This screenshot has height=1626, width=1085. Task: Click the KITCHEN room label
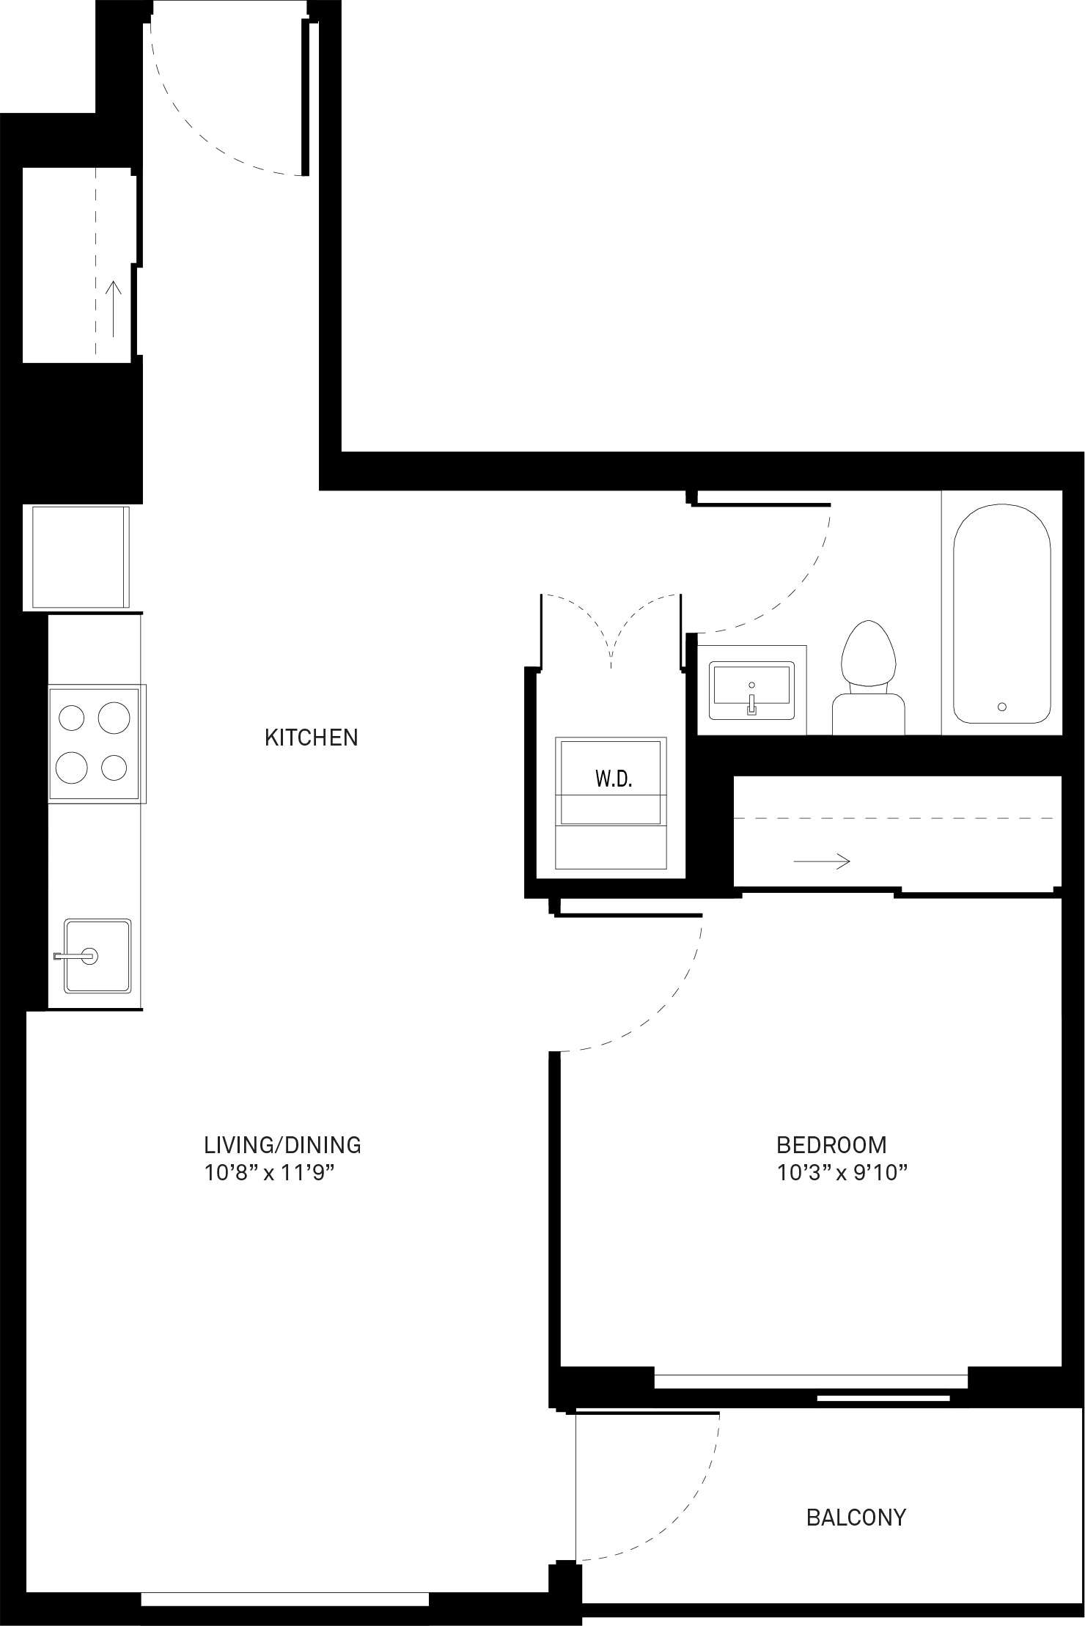point(312,737)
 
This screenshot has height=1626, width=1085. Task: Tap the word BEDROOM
point(831,1144)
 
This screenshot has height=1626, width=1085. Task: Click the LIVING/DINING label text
point(282,1144)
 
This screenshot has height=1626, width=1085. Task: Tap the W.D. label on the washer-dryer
point(614,779)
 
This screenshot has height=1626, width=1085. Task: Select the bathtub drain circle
point(1002,707)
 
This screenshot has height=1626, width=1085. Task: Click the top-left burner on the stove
point(72,717)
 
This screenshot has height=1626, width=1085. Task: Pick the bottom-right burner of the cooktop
point(115,768)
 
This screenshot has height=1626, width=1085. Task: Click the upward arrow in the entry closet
point(114,309)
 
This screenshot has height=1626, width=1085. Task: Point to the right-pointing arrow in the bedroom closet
point(822,861)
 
